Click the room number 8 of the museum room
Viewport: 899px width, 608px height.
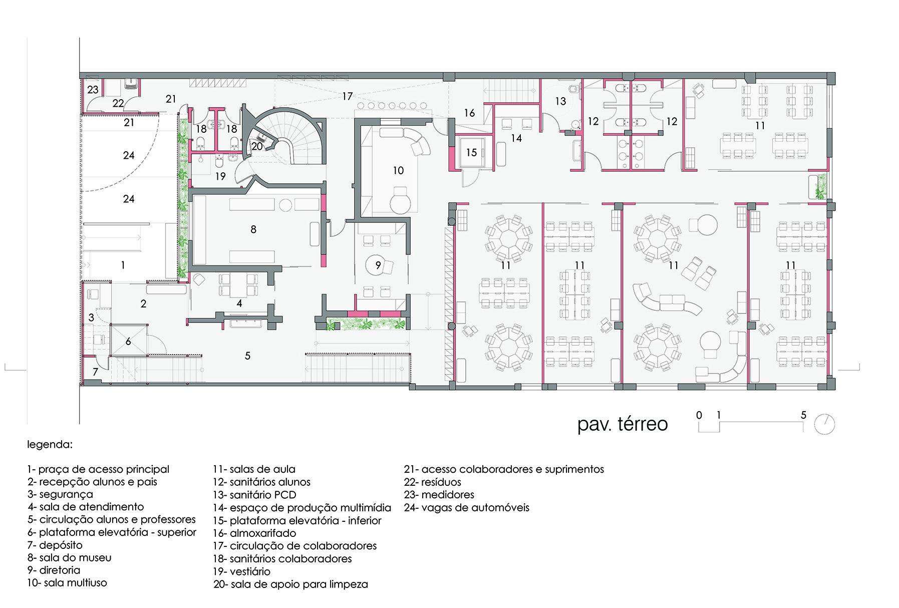tap(253, 229)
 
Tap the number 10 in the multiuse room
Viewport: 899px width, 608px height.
tap(398, 171)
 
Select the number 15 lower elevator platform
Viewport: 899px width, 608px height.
tap(471, 152)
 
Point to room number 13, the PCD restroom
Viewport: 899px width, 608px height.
tap(560, 101)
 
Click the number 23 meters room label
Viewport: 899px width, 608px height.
tap(93, 90)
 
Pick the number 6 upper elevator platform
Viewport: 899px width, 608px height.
tap(128, 342)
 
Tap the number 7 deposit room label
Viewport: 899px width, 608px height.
tap(95, 372)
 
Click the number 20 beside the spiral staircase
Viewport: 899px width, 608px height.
tap(257, 147)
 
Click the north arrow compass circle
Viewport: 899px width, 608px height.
tap(824, 425)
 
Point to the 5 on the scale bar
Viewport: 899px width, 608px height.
tap(803, 415)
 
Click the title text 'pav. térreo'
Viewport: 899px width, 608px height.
tap(623, 424)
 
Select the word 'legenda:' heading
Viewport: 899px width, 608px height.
tap(50, 445)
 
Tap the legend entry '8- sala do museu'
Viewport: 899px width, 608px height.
tap(69, 557)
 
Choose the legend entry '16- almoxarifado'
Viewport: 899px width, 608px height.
tap(254, 533)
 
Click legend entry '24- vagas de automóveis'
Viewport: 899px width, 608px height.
tap(467, 507)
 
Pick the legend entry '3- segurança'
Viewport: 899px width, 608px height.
tap(60, 495)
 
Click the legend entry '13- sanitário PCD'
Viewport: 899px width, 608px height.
tap(254, 495)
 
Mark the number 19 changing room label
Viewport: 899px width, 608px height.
tap(220, 176)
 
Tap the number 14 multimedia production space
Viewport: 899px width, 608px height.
tap(516, 138)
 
